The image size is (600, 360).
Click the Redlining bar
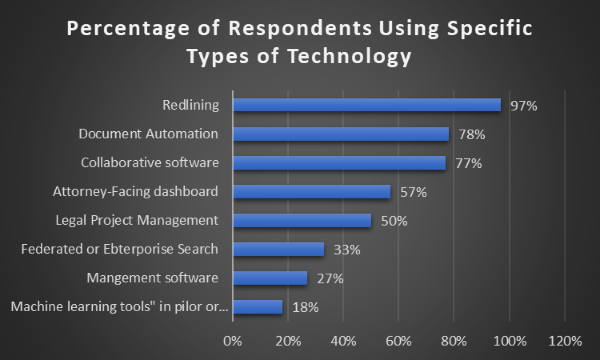[x=367, y=105]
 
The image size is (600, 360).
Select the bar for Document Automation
[x=341, y=134]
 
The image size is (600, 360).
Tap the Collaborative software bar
[x=339, y=163]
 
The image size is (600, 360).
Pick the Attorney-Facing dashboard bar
[x=312, y=192]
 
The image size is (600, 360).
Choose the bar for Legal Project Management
[x=302, y=220]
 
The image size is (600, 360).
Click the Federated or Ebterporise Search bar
[x=278, y=249]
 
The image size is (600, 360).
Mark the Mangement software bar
[x=270, y=278]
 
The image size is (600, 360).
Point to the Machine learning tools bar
[x=258, y=307]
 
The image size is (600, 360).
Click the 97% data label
[x=524, y=106]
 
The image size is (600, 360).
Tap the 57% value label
[x=413, y=192]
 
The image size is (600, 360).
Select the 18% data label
[x=306, y=307]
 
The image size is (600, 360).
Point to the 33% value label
[x=347, y=250]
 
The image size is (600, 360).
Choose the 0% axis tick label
[x=233, y=341]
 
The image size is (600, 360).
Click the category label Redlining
[x=190, y=105]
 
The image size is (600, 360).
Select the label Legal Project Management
[x=137, y=220]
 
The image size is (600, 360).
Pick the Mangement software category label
[x=152, y=278]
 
